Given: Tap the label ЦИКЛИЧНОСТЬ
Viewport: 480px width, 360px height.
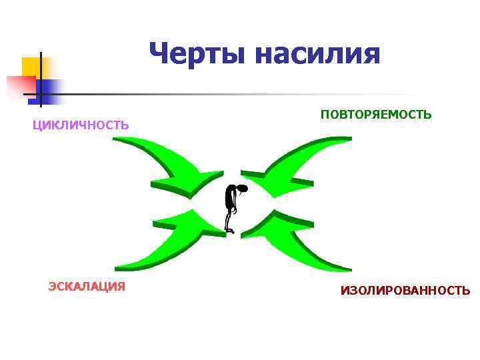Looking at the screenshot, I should click(x=81, y=125).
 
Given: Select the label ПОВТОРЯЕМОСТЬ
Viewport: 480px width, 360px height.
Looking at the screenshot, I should click(x=376, y=115).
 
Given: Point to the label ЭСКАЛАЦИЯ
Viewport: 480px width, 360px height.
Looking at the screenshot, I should click(x=87, y=287).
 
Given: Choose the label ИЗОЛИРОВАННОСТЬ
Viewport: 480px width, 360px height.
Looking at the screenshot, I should click(x=405, y=291).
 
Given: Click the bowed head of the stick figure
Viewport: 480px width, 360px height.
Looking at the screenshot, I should click(x=241, y=189).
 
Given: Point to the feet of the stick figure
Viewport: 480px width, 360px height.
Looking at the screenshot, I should click(x=230, y=231).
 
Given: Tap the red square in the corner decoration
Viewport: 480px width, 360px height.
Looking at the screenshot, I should click(x=20, y=85).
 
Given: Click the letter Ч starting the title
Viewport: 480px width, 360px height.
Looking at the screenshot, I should click(x=160, y=53).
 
